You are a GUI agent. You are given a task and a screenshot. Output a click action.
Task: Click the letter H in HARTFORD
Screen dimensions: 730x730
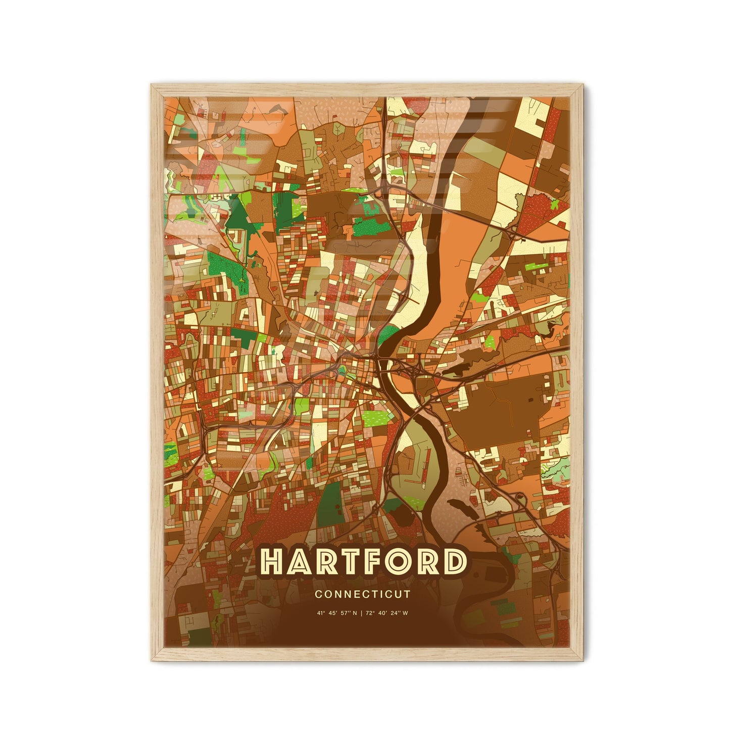[272, 562]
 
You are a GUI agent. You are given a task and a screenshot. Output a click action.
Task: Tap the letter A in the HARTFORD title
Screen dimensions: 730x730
[298, 562]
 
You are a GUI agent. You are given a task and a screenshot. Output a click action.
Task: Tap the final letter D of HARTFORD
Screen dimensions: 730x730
[453, 562]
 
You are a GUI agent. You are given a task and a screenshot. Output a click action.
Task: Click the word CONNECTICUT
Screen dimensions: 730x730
[362, 595]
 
